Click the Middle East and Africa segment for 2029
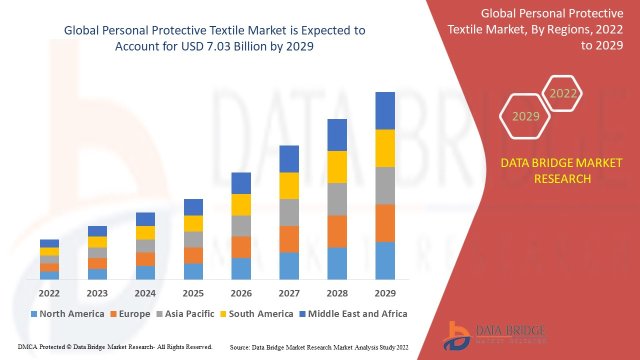pyautogui.click(x=385, y=110)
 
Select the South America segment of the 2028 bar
pyautogui.click(x=337, y=167)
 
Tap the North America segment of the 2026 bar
pyautogui.click(x=241, y=268)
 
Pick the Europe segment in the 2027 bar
pyautogui.click(x=289, y=239)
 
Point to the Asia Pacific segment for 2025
pyautogui.click(x=193, y=239)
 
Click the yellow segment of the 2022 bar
pyautogui.click(x=49, y=251)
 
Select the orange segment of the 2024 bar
pyautogui.click(x=145, y=259)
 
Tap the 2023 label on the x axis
pyautogui.click(x=97, y=293)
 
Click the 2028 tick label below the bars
pyautogui.click(x=337, y=293)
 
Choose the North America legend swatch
pyautogui.click(x=34, y=314)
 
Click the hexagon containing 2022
pyautogui.click(x=563, y=93)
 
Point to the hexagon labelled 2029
pyautogui.click(x=525, y=116)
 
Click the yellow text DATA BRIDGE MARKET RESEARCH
pyautogui.click(x=562, y=170)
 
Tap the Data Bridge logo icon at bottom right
pyautogui.click(x=456, y=335)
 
